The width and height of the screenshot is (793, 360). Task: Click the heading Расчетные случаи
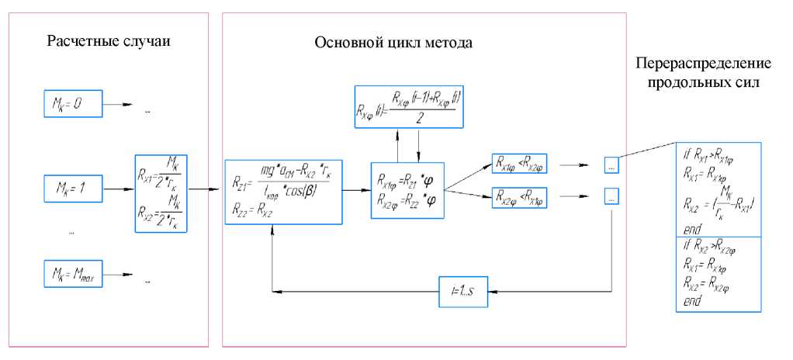[x=109, y=40]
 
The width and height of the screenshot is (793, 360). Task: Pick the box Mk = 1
[x=72, y=187]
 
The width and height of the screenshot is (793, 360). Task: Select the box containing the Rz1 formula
[x=283, y=191]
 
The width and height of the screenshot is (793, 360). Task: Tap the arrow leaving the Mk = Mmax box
[x=120, y=275]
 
